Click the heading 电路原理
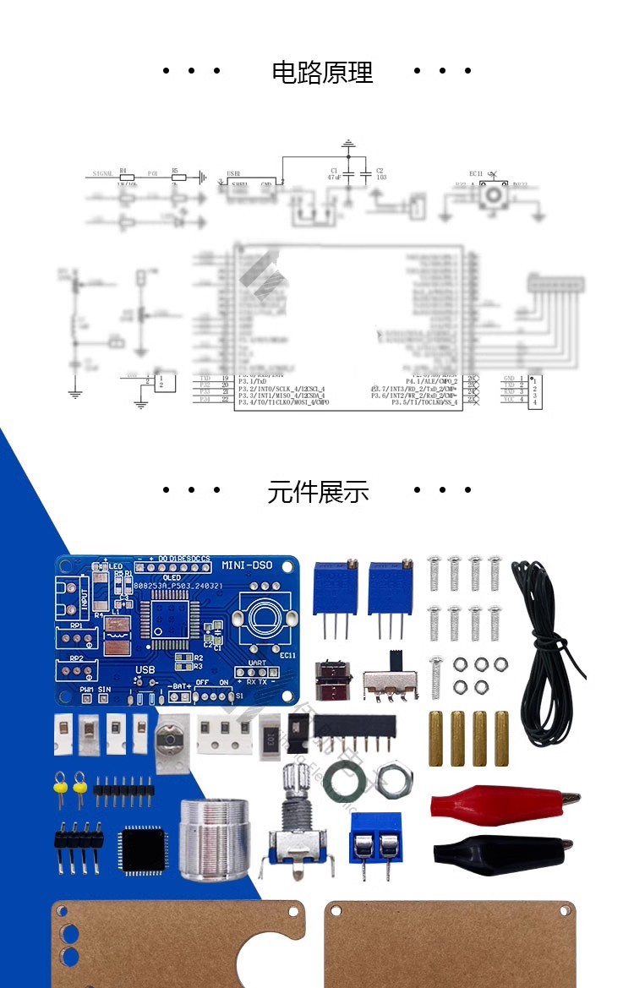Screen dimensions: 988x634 tap(322, 73)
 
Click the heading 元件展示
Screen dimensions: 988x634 tap(318, 492)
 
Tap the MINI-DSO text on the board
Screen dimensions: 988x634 tap(247, 565)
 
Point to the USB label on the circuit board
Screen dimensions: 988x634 tap(145, 670)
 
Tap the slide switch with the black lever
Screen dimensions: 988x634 tap(391, 680)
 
